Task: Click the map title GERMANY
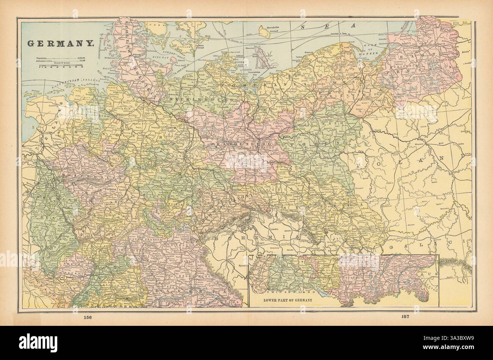pyautogui.click(x=60, y=43)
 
